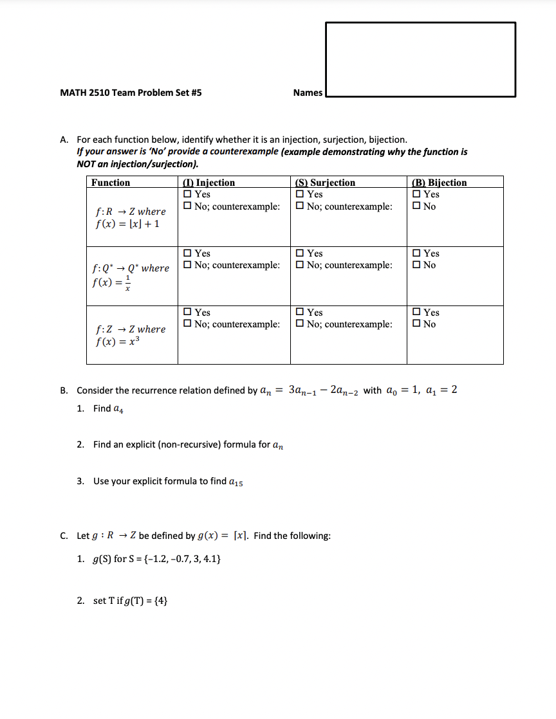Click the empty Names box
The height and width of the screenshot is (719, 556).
(420, 59)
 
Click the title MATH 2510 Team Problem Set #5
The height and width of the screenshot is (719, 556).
(131, 93)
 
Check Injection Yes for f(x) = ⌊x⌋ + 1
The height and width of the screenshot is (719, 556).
(187, 194)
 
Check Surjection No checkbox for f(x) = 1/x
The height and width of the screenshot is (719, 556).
(301, 265)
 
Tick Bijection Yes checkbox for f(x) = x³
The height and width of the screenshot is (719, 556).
(416, 313)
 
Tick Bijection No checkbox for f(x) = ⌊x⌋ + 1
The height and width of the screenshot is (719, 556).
(416, 206)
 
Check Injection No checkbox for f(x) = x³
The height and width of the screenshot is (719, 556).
(187, 324)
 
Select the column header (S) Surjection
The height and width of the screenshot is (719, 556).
(324, 183)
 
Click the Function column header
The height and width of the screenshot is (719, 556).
(111, 183)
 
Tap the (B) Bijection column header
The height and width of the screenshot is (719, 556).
(439, 183)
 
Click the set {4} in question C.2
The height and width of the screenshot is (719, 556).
(160, 601)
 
